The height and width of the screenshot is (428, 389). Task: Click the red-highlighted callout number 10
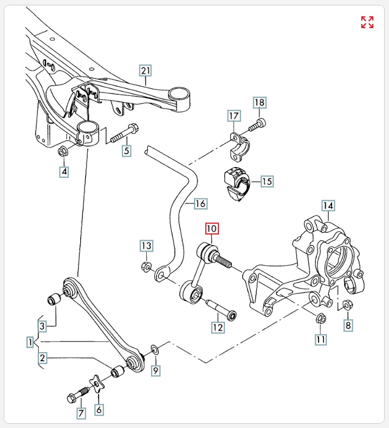[211, 228]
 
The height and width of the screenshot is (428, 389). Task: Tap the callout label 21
[145, 71]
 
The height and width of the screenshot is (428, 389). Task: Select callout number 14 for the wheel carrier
[328, 206]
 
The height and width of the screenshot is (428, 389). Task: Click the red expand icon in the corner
[367, 22]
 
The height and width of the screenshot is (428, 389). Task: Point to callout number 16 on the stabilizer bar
[200, 204]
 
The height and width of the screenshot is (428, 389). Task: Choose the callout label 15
[267, 181]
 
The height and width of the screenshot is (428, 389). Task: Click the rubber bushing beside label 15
[235, 184]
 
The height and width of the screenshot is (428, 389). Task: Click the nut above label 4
[62, 151]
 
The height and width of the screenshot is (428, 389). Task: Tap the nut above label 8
[347, 305]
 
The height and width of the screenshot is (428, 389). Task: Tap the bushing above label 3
[53, 298]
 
